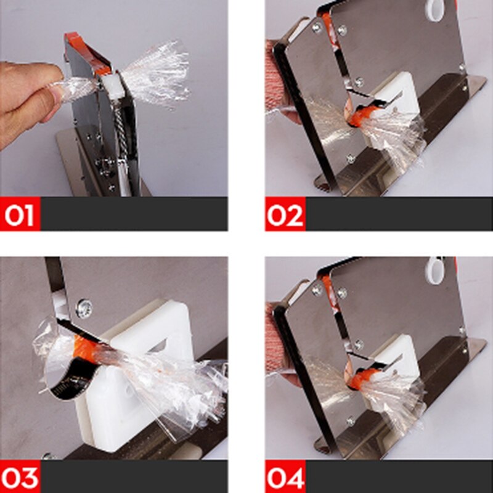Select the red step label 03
(x=20, y=477)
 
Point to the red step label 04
(x=285, y=477)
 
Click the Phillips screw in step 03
(x=83, y=308)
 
